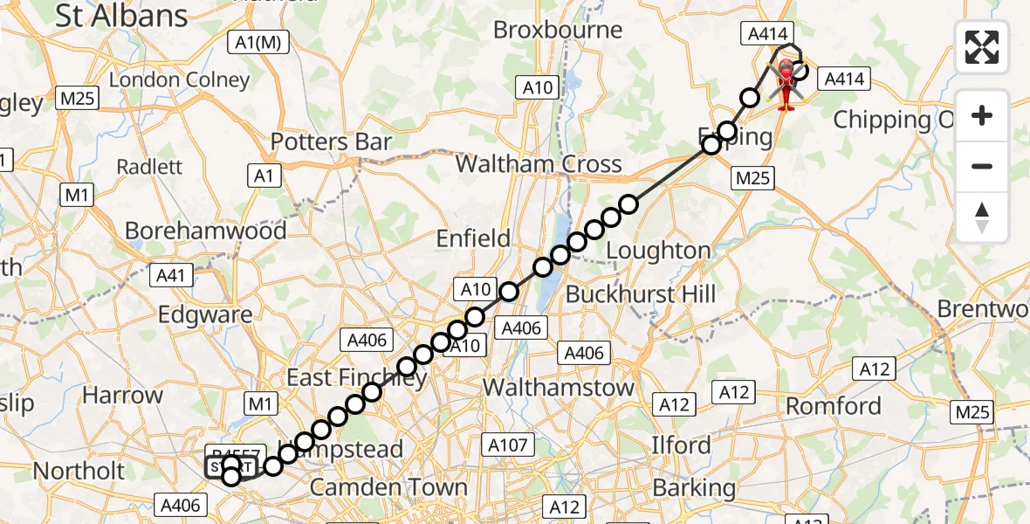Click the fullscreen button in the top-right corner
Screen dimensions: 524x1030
[x=982, y=46]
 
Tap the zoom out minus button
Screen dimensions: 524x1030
[x=982, y=167]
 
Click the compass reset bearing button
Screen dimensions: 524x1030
[x=982, y=217]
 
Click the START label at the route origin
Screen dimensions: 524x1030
[x=232, y=466]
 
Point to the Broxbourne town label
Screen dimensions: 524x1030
[x=558, y=30]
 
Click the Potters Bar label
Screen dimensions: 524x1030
[x=331, y=141]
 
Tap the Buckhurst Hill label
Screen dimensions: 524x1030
[x=641, y=294]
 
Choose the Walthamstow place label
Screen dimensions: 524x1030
[x=559, y=386]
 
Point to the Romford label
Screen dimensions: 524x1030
[x=834, y=406]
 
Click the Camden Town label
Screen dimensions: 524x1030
[x=388, y=487]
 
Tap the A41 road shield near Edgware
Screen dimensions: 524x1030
[x=172, y=276]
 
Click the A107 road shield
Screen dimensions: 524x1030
[x=508, y=445]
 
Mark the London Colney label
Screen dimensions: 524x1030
[x=179, y=79]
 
